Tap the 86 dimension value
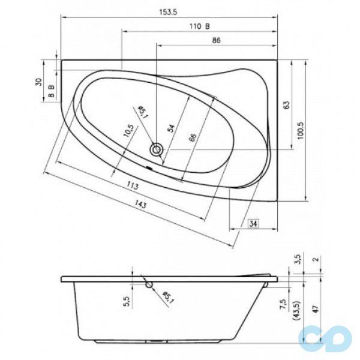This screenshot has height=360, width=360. click(x=217, y=40)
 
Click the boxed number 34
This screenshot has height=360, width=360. click(x=254, y=224)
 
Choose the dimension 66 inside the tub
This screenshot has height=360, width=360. click(x=192, y=137)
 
